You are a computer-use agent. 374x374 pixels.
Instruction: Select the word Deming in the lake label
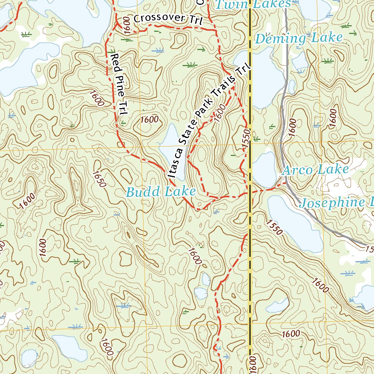[280, 38]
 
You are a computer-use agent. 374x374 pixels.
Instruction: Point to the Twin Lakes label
[253, 4]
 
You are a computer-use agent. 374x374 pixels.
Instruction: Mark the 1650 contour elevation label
[99, 179]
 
